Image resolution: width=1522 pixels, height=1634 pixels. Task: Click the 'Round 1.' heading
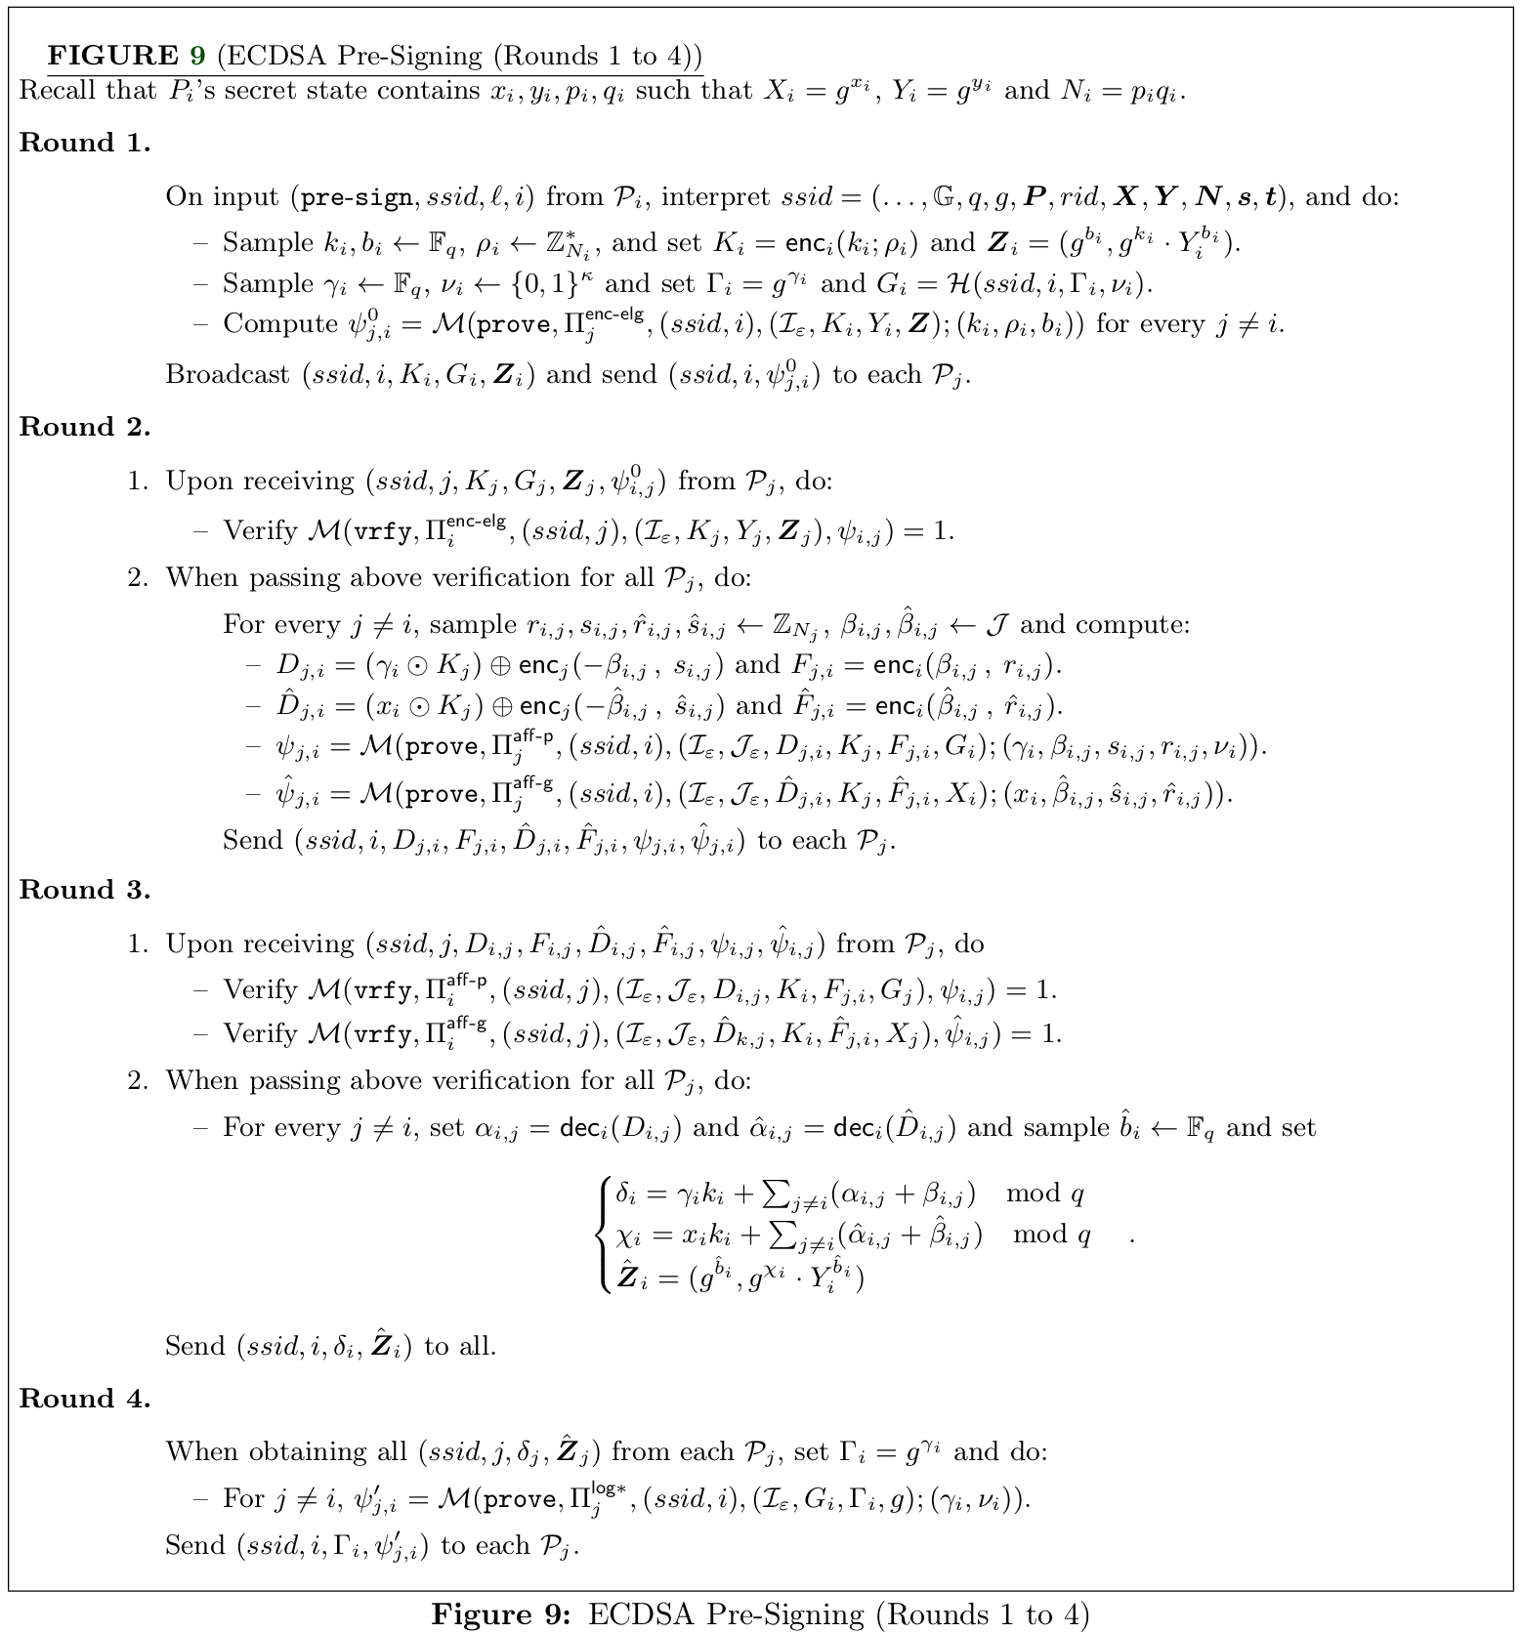click(x=85, y=143)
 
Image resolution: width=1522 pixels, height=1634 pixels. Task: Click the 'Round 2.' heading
click(x=85, y=427)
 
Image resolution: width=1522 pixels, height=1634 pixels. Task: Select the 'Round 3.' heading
click(x=85, y=890)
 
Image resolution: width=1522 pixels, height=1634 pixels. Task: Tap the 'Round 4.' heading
click(x=85, y=1399)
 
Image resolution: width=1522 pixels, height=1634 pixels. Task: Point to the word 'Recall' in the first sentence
click(x=57, y=91)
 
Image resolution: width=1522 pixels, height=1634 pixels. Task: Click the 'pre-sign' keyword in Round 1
click(x=356, y=197)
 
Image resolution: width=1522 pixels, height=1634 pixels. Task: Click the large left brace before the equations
click(x=602, y=1236)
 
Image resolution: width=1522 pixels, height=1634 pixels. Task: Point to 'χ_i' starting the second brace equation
click(x=628, y=1236)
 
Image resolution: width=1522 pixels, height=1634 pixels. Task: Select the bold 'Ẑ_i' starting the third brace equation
click(x=628, y=1277)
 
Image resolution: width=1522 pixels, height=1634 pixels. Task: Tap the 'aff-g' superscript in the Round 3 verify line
click(x=466, y=1023)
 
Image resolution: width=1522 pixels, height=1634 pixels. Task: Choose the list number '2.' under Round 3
click(x=138, y=1081)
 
